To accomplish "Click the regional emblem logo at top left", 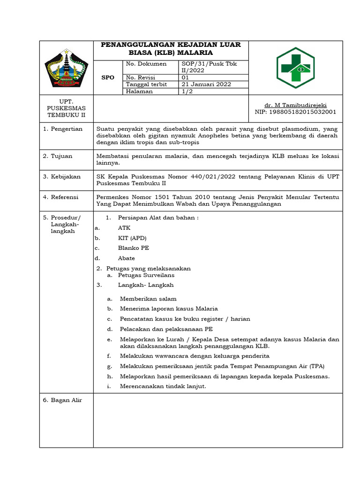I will [x=67, y=68].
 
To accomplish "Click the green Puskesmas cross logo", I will [x=296, y=67].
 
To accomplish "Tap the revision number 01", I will [x=185, y=77].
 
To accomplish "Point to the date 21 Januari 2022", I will [x=206, y=84].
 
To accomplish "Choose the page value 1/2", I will [x=187, y=91].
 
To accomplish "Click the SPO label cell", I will [x=108, y=77].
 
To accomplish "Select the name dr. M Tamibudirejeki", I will [x=295, y=105].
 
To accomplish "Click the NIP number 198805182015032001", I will [x=295, y=112].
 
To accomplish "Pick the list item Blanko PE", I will [x=133, y=248].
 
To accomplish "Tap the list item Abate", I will [x=126, y=258].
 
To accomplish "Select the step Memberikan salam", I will [x=148, y=299].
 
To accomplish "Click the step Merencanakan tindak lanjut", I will [x=163, y=386].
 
